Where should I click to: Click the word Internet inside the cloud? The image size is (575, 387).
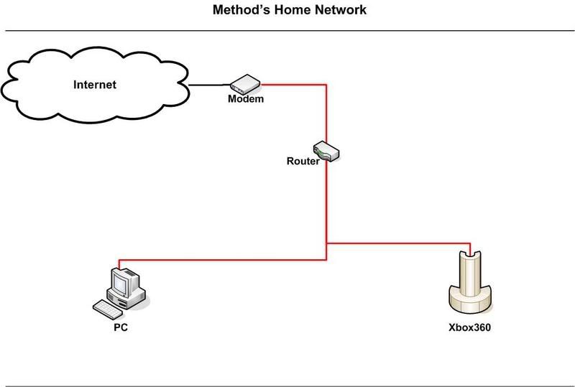pyautogui.click(x=95, y=85)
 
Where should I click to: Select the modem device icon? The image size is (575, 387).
pyautogui.click(x=244, y=83)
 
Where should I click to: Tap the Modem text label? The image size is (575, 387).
pyautogui.click(x=246, y=99)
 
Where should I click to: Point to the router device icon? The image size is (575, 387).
pyautogui.click(x=328, y=151)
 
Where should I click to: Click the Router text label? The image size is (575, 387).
pyautogui.click(x=303, y=162)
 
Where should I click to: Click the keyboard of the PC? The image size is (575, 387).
pyautogui.click(x=106, y=308)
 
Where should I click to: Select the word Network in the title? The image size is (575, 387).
pyautogui.click(x=340, y=11)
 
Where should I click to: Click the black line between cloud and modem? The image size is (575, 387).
pyautogui.click(x=208, y=85)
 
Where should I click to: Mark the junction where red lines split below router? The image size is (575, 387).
pyautogui.click(x=327, y=243)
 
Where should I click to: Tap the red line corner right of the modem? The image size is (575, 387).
pyautogui.click(x=327, y=84)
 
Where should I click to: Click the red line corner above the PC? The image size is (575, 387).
pyautogui.click(x=118, y=260)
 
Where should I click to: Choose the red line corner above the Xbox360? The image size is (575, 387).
pyautogui.click(x=471, y=243)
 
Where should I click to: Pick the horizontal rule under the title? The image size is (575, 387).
pyautogui.click(x=287, y=31)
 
